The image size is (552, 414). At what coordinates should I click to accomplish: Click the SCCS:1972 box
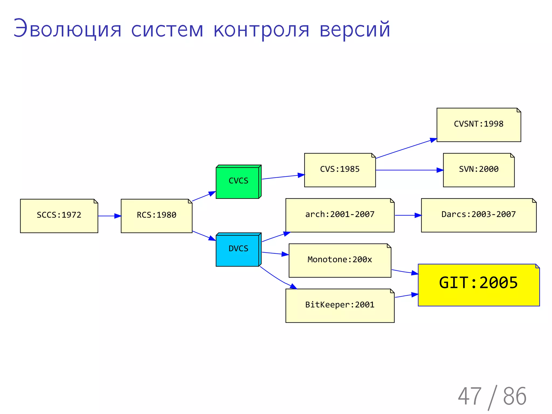59,216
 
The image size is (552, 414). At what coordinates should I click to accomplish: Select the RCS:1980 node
157,216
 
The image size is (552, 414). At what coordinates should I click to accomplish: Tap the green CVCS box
238,182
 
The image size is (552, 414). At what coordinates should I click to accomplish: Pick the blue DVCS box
238,250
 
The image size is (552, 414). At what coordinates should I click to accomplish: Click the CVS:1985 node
340,170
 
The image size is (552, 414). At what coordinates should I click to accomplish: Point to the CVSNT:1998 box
479,125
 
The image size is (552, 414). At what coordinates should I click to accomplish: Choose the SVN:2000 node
479,170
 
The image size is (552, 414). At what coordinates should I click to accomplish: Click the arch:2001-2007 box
340,215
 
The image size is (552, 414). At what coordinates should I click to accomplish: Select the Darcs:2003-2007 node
479,215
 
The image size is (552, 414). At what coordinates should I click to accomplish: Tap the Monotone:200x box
340,260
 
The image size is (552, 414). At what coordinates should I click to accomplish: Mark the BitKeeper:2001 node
340,306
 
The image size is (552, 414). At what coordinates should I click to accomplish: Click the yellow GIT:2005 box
479,285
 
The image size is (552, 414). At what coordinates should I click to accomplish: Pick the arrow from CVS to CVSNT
406,149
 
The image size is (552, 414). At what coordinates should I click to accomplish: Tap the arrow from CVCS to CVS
283,177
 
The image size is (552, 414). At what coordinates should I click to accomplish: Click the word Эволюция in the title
67,29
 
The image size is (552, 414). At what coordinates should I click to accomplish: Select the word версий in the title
355,29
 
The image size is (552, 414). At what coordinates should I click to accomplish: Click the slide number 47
470,396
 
